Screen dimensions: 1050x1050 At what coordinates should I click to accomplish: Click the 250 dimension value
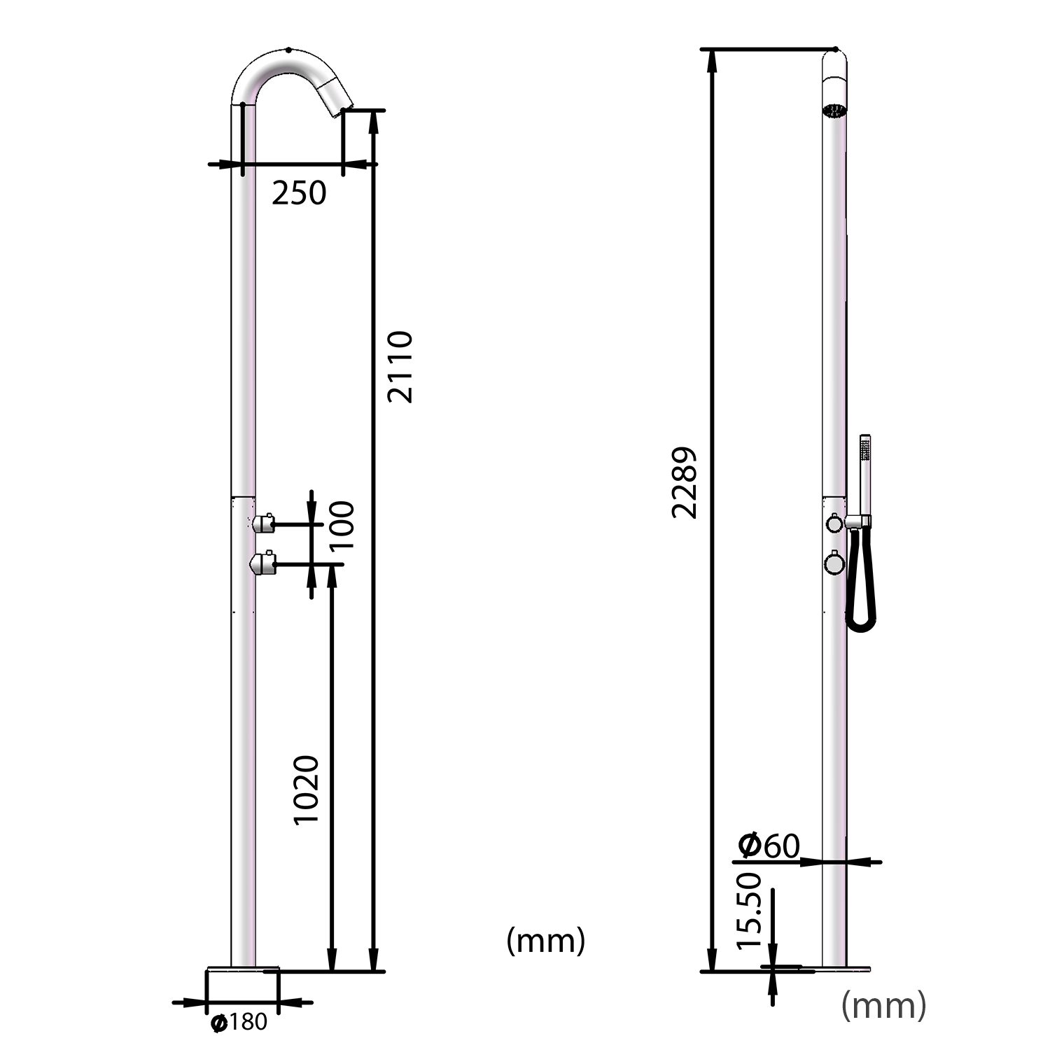(299, 193)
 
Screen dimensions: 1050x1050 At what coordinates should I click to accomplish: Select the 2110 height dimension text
(400, 367)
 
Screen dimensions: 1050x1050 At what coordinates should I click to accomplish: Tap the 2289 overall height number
(684, 482)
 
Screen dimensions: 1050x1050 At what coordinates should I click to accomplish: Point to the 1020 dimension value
(306, 790)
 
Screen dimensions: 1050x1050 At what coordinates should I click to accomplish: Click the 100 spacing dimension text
(342, 525)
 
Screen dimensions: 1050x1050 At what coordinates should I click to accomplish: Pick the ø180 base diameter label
(239, 1023)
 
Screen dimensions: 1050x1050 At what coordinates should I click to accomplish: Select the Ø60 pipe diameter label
(769, 846)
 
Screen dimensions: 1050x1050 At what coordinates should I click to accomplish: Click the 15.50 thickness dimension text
(749, 910)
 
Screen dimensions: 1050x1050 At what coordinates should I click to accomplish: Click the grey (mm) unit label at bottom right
(883, 1005)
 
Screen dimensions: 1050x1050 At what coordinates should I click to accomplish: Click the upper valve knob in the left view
(263, 523)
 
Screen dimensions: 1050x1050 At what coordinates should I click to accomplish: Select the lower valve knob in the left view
(263, 563)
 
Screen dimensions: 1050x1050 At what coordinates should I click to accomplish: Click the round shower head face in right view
(834, 111)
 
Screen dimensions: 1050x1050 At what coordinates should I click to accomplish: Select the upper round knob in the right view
(834, 523)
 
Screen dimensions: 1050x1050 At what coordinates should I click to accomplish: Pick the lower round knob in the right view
(834, 563)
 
